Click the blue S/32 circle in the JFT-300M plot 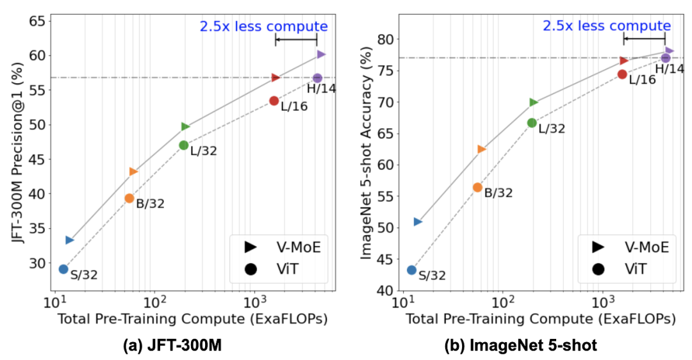[x=63, y=269]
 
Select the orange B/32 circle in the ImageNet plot [x=477, y=187]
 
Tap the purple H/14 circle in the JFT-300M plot [x=317, y=78]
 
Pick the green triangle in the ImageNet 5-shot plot [x=534, y=102]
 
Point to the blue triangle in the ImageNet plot [x=418, y=222]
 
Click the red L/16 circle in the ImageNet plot [x=622, y=74]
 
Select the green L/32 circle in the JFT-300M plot [x=184, y=145]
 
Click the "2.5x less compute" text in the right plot [x=607, y=26]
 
